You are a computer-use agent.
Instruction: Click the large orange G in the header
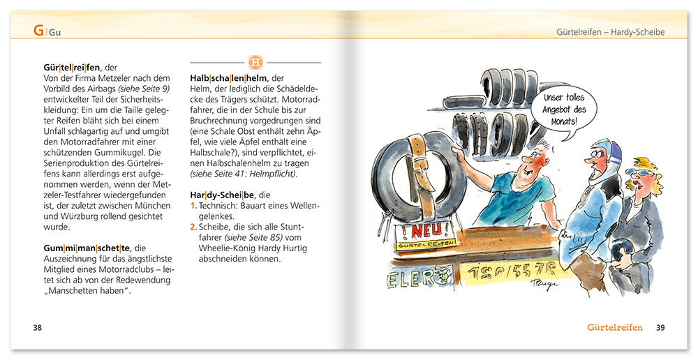point(39,31)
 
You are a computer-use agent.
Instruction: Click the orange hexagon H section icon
point(255,63)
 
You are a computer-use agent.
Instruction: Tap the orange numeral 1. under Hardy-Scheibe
point(193,207)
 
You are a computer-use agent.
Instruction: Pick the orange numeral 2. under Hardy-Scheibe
point(194,227)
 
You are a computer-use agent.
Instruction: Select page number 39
point(660,327)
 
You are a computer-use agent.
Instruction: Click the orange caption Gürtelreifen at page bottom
point(614,327)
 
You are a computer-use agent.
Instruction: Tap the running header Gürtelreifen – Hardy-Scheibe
point(610,32)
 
